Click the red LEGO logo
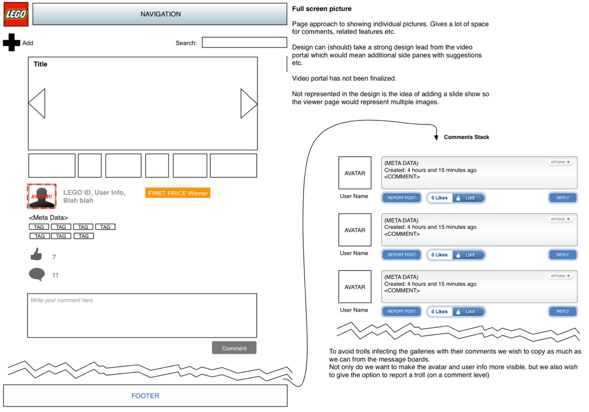point(16,14)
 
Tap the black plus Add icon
point(11,42)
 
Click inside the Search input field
point(244,42)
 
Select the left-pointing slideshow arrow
point(37,104)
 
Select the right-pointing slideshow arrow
point(249,104)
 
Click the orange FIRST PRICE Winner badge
point(178,193)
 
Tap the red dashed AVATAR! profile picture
point(42,196)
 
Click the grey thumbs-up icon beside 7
point(36,254)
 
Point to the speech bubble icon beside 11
point(37,274)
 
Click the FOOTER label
point(145,396)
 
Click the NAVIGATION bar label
point(160,14)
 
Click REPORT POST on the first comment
point(401,198)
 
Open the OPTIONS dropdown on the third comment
point(560,276)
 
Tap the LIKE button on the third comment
point(469,311)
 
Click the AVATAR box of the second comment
point(355,230)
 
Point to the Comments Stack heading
point(466,137)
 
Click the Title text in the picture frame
point(40,64)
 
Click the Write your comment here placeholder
point(62,300)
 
